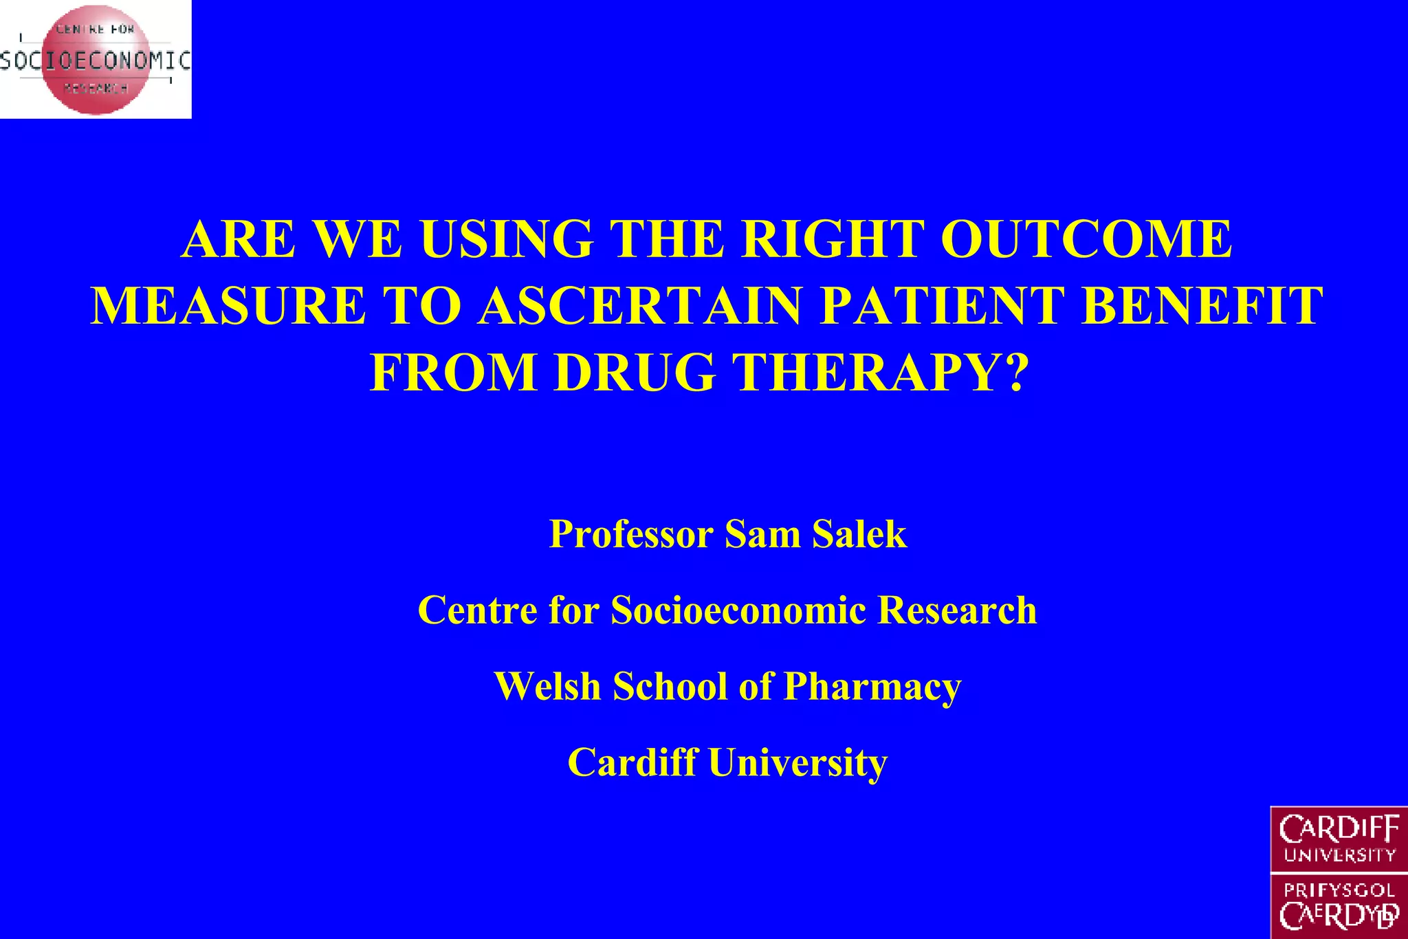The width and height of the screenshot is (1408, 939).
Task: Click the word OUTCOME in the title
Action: [1086, 240]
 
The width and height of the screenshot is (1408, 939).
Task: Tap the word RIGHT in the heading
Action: [831, 240]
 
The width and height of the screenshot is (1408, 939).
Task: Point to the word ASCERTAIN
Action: [640, 306]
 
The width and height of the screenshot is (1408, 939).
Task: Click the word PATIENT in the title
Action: [942, 306]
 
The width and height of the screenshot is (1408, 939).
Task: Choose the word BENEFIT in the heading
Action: [1202, 306]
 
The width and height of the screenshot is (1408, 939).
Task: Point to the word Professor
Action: [631, 534]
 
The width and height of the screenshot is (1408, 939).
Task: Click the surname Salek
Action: [859, 534]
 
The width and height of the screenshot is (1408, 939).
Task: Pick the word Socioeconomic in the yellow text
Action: [738, 610]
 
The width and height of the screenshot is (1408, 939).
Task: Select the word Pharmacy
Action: [872, 686]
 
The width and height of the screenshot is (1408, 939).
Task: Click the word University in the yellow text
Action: [797, 762]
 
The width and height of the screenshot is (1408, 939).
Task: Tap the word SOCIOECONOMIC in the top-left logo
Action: [95, 60]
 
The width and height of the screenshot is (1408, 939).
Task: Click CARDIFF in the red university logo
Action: [1339, 829]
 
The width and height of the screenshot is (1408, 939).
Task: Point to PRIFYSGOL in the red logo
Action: [1339, 891]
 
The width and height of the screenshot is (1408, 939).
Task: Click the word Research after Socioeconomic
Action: [957, 610]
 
